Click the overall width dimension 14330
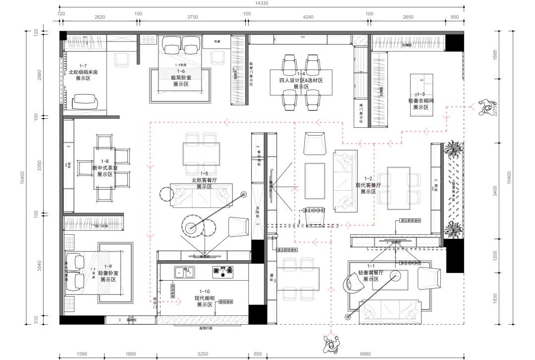click(262, 3)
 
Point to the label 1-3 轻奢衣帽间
click(420, 100)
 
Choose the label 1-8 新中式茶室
click(105, 168)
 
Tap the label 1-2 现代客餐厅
click(368, 185)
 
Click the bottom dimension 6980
click(366, 355)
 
